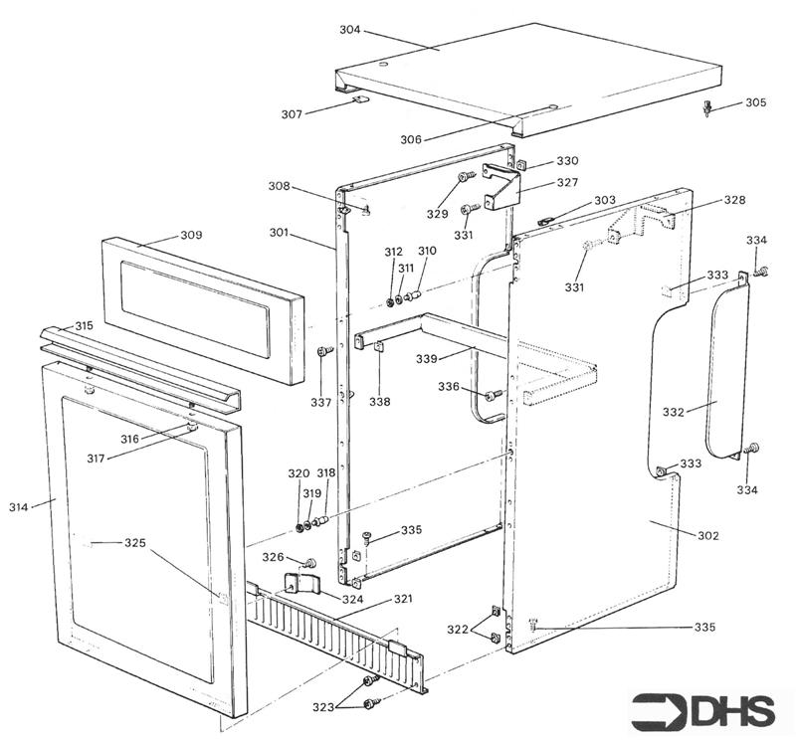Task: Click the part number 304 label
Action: (349, 30)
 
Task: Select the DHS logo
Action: (703, 710)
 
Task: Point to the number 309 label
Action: (191, 236)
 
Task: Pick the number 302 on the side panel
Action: (707, 536)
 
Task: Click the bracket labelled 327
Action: (502, 186)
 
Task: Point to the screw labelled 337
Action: (323, 352)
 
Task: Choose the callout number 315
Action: (84, 326)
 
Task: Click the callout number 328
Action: (734, 200)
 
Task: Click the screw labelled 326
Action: (309, 563)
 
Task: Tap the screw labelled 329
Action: (464, 178)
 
